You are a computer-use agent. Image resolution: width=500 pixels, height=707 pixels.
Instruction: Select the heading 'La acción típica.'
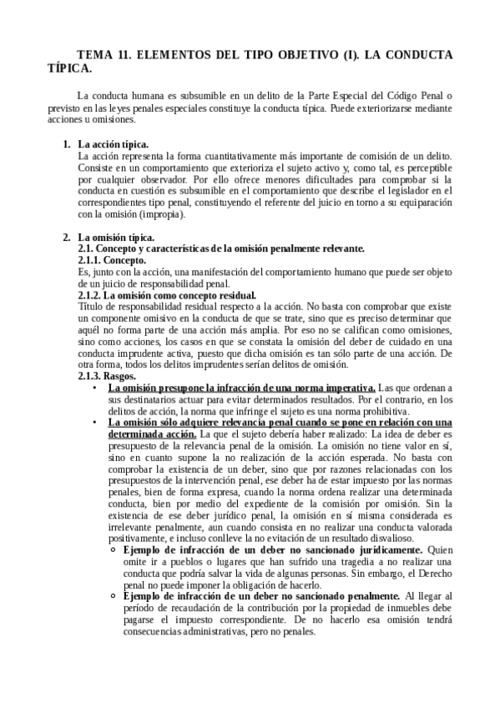pos(114,144)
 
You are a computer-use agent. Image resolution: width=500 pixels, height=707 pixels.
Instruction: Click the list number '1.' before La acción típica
pos(67,144)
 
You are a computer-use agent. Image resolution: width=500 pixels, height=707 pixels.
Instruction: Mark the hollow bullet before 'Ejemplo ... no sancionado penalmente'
pos(114,596)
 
